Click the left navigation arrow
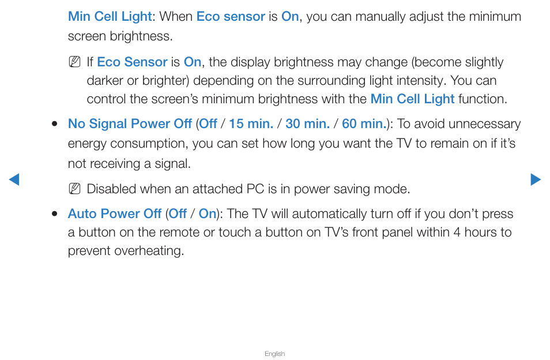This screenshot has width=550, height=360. (14, 179)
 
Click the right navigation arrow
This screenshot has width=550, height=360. (536, 179)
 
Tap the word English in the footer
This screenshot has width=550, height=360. (274, 354)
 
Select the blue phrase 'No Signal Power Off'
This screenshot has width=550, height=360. (130, 123)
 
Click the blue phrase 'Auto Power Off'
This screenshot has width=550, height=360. (115, 213)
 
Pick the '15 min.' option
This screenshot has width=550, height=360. (251, 123)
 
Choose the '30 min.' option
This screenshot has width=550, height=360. (308, 123)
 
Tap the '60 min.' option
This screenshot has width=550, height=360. (364, 123)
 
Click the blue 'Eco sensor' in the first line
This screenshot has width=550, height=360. (231, 17)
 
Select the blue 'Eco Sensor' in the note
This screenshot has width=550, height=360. (132, 62)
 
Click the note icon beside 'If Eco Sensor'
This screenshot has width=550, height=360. (75, 62)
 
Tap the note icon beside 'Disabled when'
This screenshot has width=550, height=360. (75, 189)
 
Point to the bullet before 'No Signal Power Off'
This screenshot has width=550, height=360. (54, 124)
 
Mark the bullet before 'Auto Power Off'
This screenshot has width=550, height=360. (54, 213)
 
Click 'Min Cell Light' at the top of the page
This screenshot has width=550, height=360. (110, 17)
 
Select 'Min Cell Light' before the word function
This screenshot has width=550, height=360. (413, 99)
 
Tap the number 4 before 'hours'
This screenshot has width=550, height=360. (457, 232)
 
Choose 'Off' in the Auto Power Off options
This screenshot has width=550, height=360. (178, 213)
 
